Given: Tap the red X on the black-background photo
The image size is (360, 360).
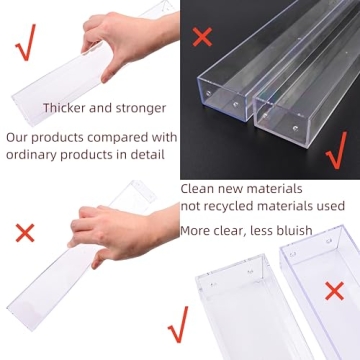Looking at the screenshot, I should pos(202,37).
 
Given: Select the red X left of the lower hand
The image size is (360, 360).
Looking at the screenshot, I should pos(24,234).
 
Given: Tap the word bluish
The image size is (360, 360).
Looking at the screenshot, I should pos(290,230).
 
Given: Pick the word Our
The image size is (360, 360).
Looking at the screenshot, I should pos(18,136).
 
